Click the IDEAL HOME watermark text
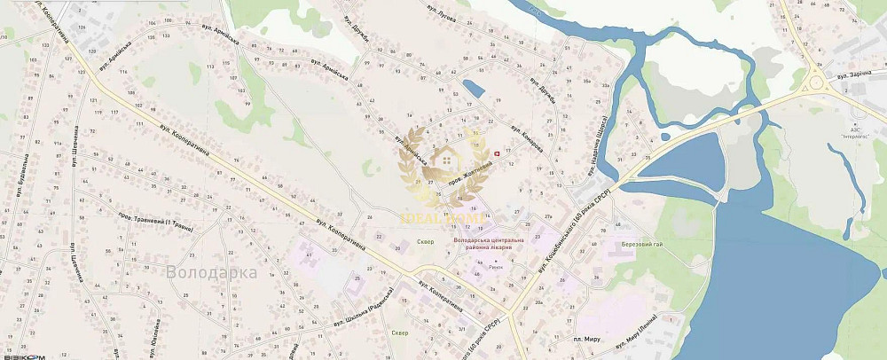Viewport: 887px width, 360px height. (442, 219)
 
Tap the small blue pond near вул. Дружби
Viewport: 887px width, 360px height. (473, 89)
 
